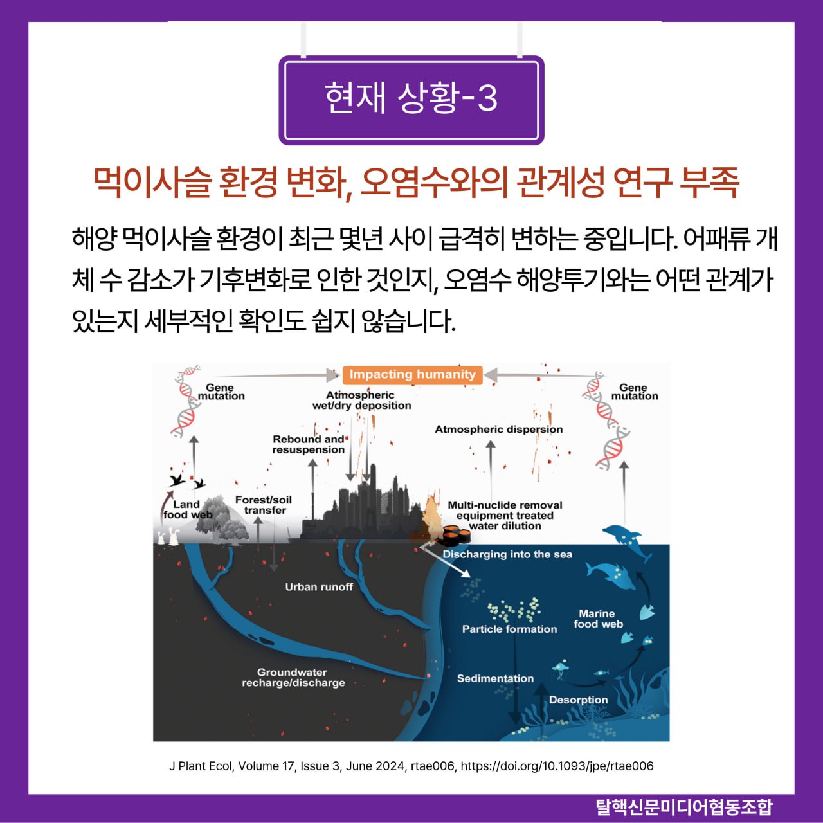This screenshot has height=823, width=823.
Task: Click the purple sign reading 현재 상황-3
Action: point(411,99)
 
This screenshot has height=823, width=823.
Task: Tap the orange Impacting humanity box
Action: point(412,374)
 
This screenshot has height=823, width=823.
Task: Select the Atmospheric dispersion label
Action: point(498,430)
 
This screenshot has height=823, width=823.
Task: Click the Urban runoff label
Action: point(319,587)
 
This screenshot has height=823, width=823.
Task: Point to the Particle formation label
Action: point(509,629)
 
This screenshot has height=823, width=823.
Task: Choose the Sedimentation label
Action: point(495,678)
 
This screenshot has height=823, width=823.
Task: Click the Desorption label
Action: point(578,700)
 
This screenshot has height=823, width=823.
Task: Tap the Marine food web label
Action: point(598,619)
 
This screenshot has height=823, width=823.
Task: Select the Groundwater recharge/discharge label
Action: point(293,678)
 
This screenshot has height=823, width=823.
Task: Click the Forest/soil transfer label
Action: point(264,505)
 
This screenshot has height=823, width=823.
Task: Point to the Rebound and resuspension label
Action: point(309,444)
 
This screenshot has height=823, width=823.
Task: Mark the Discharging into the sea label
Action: point(507,554)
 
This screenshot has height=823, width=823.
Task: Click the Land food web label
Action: point(187,509)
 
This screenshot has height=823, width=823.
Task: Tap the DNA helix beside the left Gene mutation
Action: point(185,402)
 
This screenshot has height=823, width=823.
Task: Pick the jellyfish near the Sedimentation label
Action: point(560,669)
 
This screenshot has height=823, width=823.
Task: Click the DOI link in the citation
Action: point(557,766)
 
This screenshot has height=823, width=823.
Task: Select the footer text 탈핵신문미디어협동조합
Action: point(684,807)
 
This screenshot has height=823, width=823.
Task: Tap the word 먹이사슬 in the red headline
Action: point(152,182)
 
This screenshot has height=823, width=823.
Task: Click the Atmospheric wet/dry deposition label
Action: point(361,400)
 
